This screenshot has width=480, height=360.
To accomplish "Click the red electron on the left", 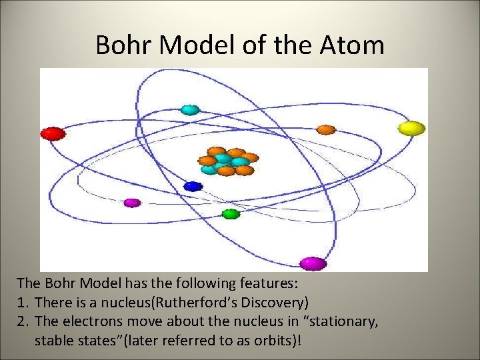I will [x=53, y=133].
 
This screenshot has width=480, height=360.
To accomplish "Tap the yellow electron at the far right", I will [x=411, y=128].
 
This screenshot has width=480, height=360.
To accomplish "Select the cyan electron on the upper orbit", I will [x=190, y=109].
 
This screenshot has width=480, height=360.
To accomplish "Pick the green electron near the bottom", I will [x=231, y=214].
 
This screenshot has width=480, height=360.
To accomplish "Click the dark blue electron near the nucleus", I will [x=193, y=187].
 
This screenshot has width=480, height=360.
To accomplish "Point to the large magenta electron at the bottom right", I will [x=313, y=263].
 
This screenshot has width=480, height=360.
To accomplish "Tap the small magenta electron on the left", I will [x=132, y=203].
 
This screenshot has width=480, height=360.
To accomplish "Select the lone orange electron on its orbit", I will [x=325, y=129].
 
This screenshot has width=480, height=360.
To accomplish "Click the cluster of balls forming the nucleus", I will [x=227, y=161].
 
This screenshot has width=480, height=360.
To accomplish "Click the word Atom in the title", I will [x=351, y=45].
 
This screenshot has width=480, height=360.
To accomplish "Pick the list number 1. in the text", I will [x=24, y=302].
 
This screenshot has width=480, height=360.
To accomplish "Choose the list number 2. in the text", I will [x=24, y=321].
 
